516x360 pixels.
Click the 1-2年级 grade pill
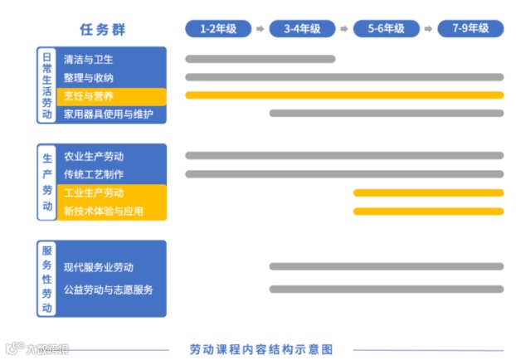point(217,29)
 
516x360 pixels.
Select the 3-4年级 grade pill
point(302,29)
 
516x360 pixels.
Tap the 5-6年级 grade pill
point(386,29)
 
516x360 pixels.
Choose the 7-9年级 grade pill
point(470,29)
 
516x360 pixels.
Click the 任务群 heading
point(103,30)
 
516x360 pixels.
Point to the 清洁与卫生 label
point(89,60)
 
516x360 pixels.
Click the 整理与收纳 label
point(89,77)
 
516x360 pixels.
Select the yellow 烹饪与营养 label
point(89,95)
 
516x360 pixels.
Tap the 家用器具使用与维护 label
point(109,114)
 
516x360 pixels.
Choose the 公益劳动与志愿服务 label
point(109,289)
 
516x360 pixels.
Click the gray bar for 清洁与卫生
point(260,59)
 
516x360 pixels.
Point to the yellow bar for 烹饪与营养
point(343,95)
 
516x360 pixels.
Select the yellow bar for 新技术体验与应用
point(428,211)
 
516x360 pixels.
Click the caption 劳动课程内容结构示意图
point(260,349)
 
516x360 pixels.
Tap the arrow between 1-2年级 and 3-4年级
point(260,29)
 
